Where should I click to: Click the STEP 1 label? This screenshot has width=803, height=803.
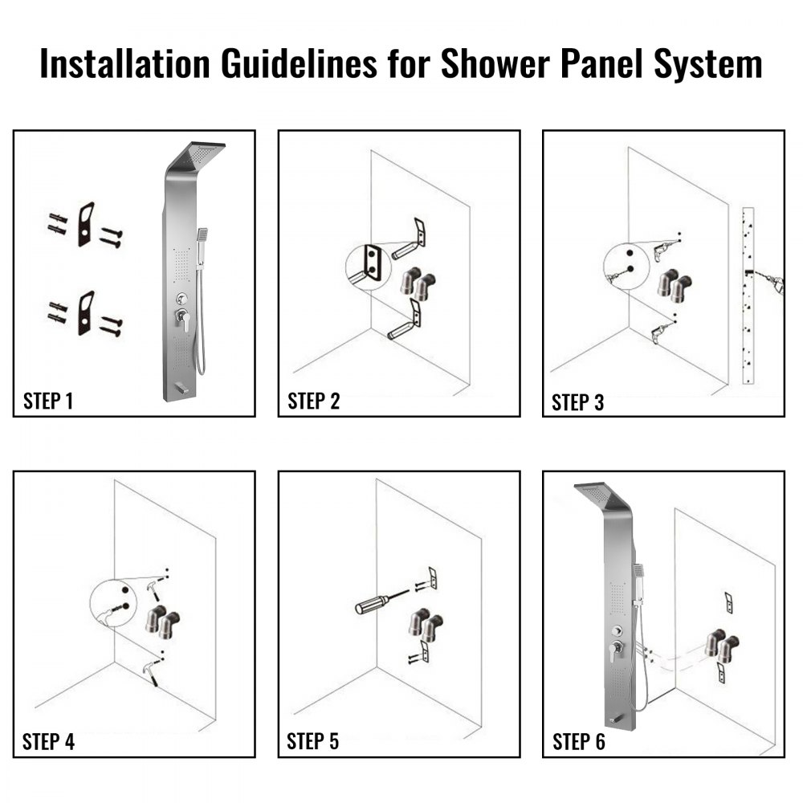click(48, 401)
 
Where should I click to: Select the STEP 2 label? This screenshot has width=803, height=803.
click(313, 401)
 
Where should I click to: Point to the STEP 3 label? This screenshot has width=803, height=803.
click(577, 401)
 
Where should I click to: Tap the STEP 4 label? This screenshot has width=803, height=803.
click(48, 741)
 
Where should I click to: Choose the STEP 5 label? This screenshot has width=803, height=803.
click(312, 741)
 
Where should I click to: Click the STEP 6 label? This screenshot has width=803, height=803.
click(578, 742)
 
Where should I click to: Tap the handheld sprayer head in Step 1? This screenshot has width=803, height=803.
click(204, 234)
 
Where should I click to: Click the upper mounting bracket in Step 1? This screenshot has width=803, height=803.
click(86, 224)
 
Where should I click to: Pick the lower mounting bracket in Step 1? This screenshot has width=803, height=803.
click(86, 312)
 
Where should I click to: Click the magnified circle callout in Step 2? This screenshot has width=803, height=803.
click(370, 266)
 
